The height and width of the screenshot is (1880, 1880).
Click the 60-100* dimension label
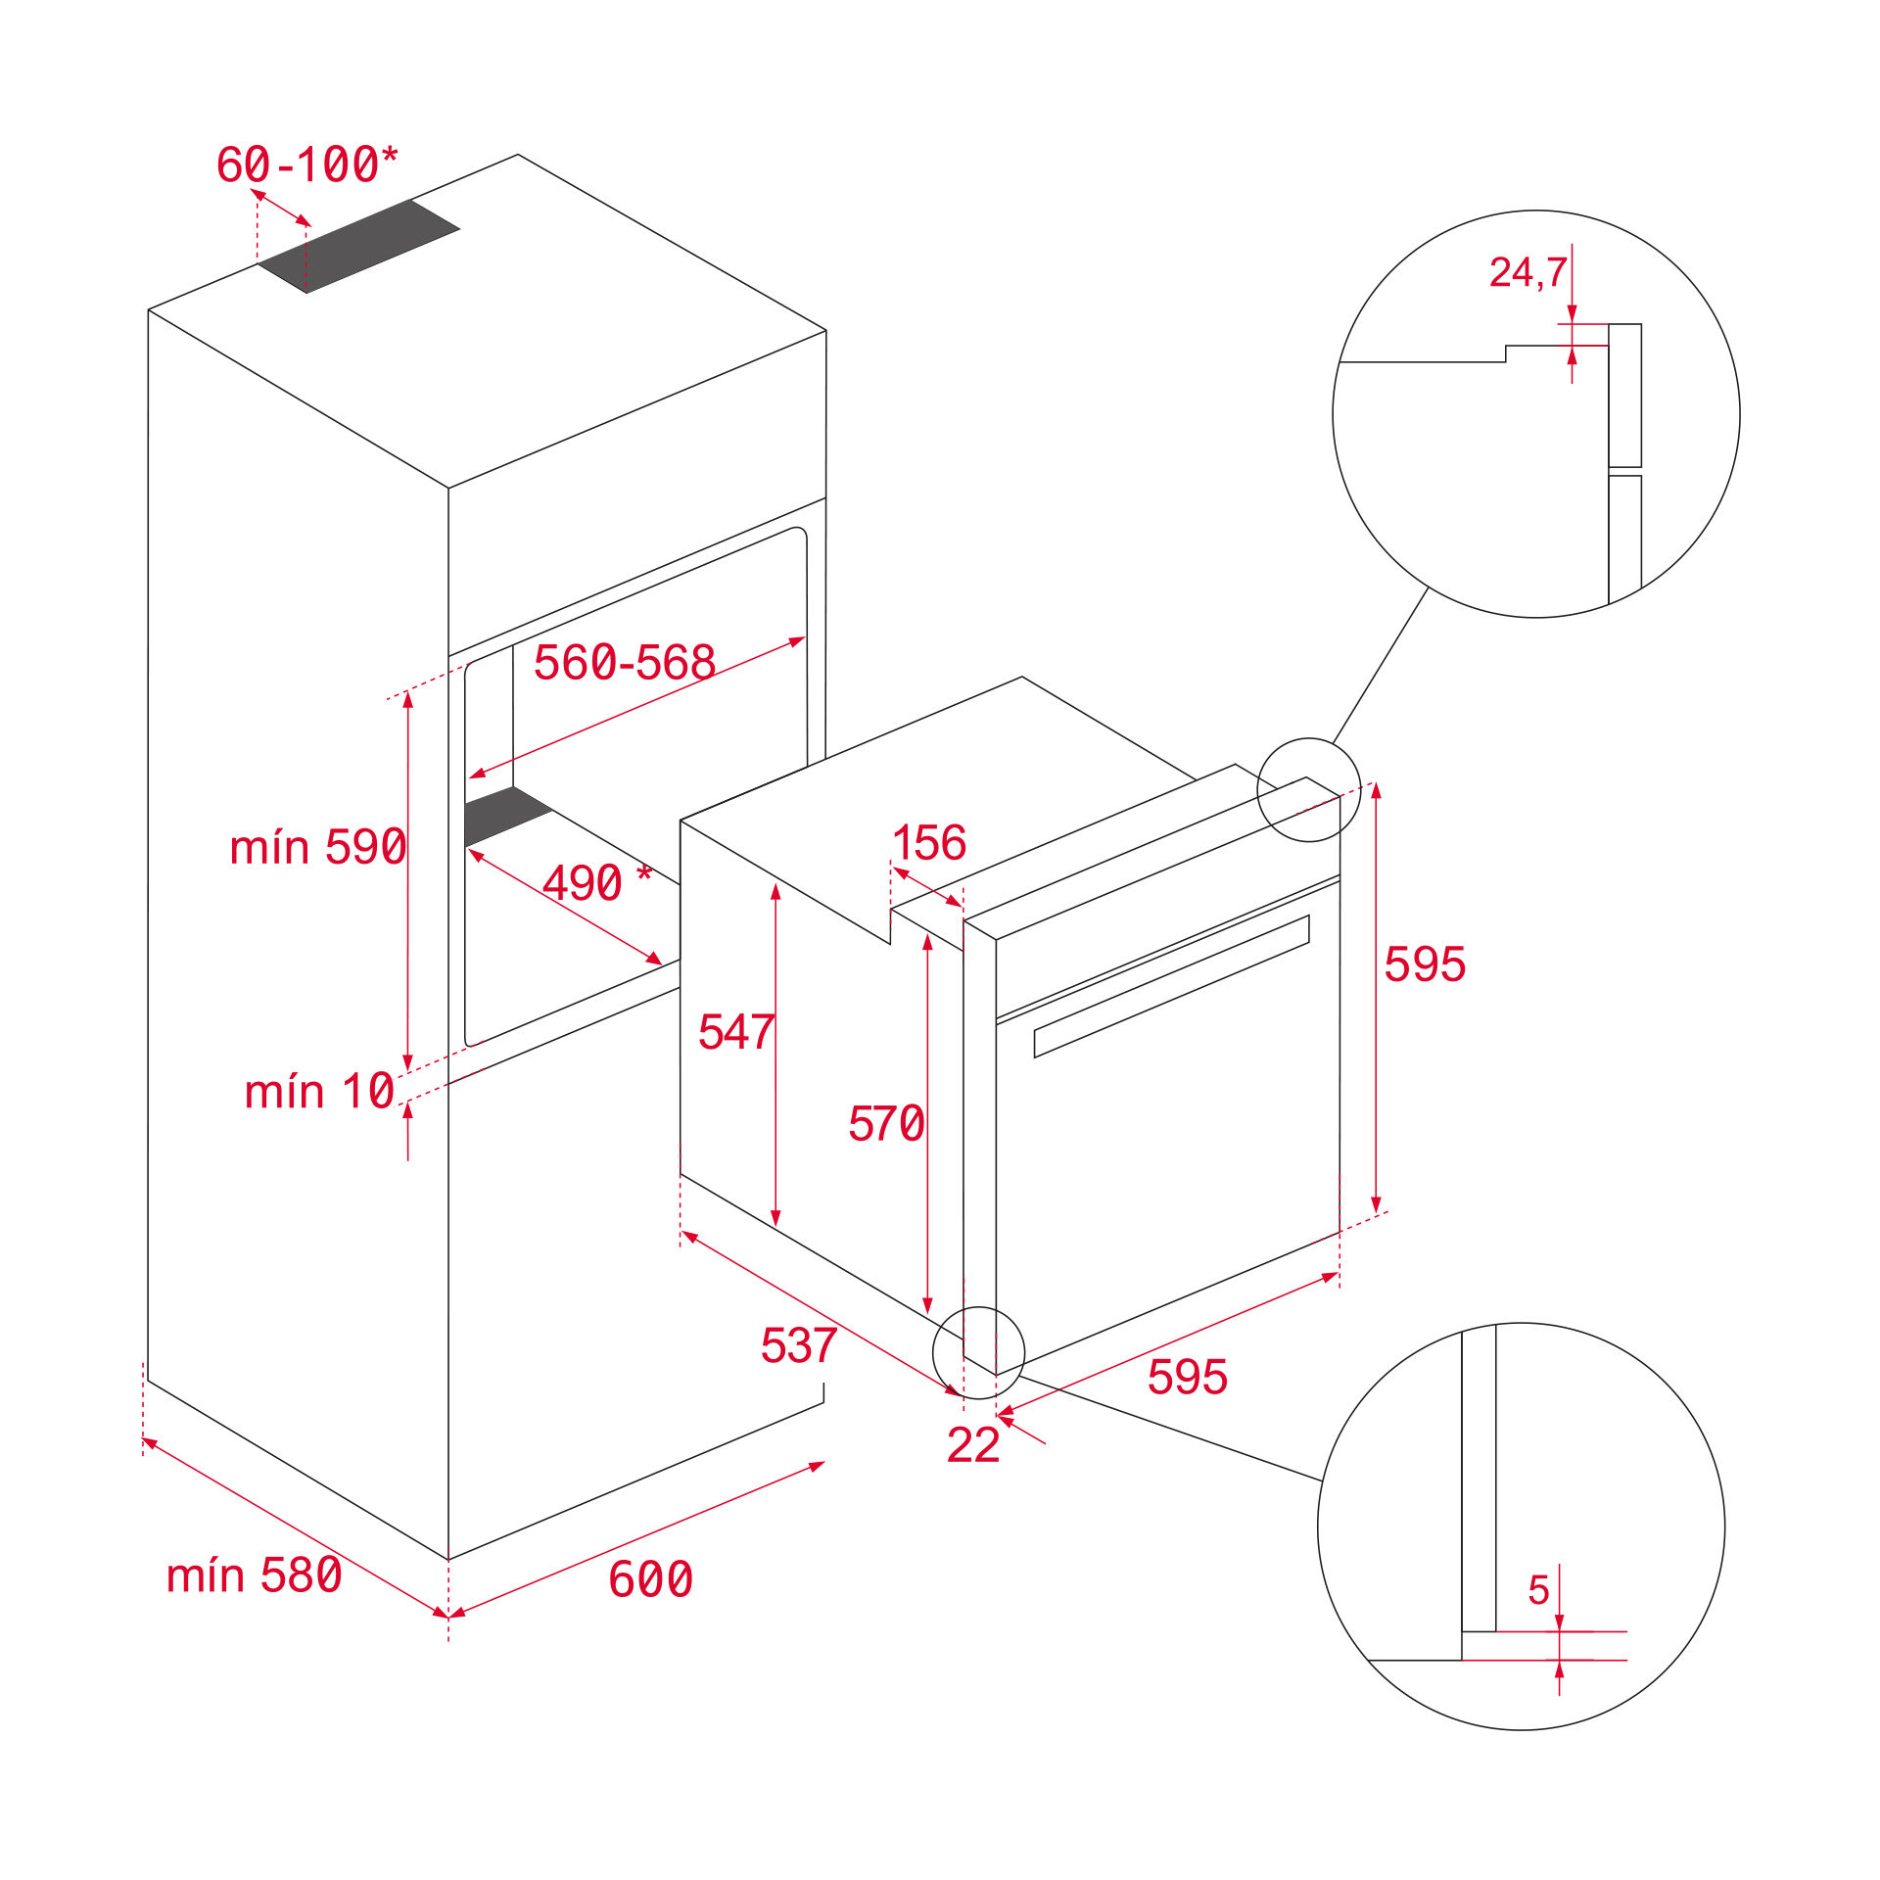(x=306, y=164)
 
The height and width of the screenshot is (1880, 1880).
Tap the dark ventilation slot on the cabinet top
(x=358, y=246)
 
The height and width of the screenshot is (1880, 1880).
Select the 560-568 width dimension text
(x=624, y=663)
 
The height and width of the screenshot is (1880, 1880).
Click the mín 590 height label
(x=317, y=847)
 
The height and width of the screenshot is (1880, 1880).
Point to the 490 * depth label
(x=595, y=883)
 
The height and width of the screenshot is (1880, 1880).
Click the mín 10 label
(x=319, y=1092)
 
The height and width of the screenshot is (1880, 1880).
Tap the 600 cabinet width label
(x=650, y=1579)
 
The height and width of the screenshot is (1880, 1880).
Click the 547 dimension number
(x=735, y=1033)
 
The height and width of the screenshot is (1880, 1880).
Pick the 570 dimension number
(x=885, y=1124)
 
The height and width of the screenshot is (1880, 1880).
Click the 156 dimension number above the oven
(x=929, y=843)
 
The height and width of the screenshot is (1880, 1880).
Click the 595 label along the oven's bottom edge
(x=1187, y=1378)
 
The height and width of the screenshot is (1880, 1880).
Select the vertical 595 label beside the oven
(x=1424, y=964)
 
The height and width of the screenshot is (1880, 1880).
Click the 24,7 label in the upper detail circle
(x=1527, y=273)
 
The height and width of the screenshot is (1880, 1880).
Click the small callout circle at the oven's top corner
(x=1308, y=790)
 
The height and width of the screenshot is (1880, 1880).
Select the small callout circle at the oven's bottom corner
(x=978, y=1353)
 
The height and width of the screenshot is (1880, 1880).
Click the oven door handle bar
(x=1171, y=987)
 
